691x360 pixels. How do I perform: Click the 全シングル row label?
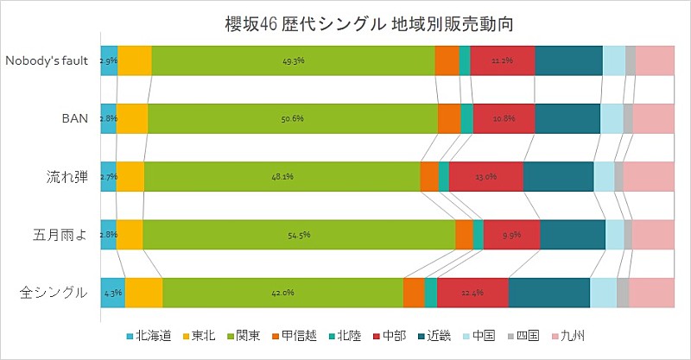(54, 293)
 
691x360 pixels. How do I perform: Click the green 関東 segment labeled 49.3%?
(294, 61)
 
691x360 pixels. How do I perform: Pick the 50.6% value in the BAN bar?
(293, 118)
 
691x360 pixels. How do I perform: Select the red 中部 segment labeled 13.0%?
(485, 177)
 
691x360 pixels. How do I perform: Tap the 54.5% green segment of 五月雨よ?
(299, 235)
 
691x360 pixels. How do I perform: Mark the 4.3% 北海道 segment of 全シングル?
(113, 293)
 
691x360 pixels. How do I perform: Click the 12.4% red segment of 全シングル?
(472, 293)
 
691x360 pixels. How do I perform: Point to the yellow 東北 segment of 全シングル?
(143, 293)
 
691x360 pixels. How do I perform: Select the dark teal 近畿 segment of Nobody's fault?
(568, 61)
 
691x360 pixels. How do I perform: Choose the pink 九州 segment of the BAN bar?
(654, 118)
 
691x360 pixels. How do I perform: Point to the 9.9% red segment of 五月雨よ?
(511, 235)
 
